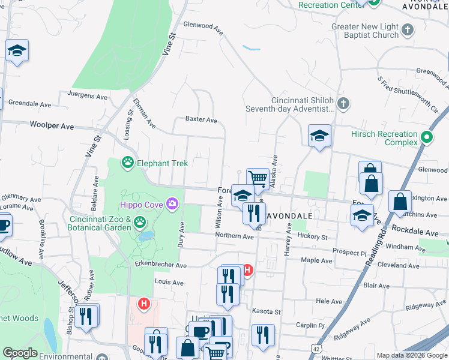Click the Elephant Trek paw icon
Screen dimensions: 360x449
[127, 163]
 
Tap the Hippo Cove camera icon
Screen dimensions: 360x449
[172, 204]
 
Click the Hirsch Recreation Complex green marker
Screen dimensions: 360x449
[427, 138]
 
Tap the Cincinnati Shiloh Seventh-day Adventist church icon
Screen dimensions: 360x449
[343, 104]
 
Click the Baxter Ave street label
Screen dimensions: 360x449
[201, 120]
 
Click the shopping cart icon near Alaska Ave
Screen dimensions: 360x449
[258, 178]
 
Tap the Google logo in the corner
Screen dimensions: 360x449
[20, 353]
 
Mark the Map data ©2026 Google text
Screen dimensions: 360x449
[412, 355]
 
